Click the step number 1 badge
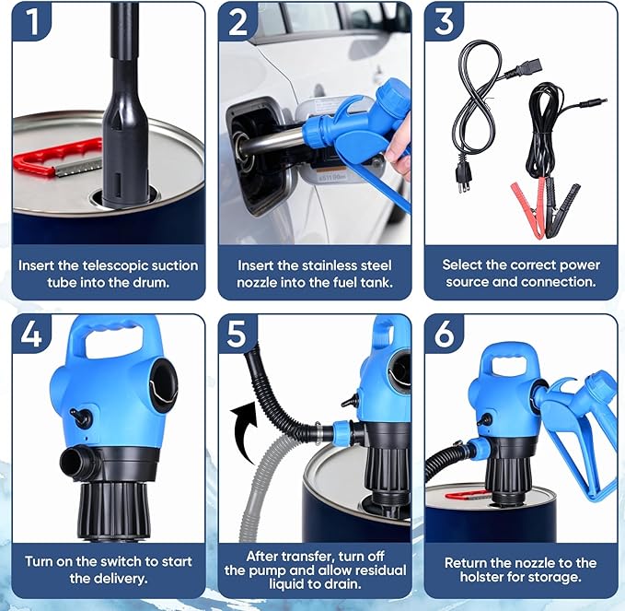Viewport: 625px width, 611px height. point(31,21)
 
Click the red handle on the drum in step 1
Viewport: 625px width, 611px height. point(56,158)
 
